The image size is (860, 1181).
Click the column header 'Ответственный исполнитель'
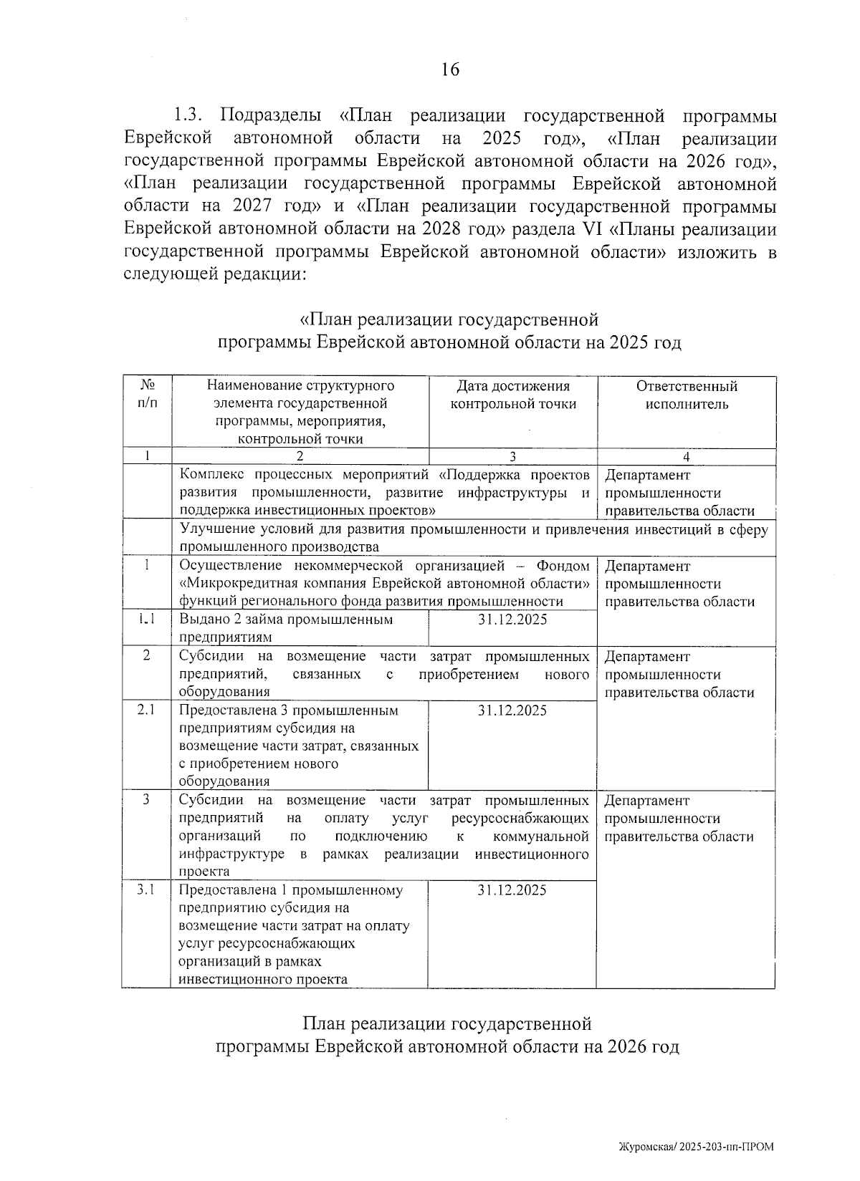(686, 395)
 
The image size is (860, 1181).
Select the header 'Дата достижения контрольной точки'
(512, 395)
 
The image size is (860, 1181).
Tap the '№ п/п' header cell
(146, 395)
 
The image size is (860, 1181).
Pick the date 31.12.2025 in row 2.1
(512, 710)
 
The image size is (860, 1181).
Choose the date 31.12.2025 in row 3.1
(512, 890)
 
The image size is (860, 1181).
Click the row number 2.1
(146, 710)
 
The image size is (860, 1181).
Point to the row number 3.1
(146, 890)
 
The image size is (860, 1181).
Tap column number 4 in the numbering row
(686, 457)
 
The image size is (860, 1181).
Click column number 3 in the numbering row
(512, 457)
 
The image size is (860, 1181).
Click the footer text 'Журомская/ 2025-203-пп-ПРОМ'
(696, 1147)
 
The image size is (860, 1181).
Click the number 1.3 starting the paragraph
(190, 116)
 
